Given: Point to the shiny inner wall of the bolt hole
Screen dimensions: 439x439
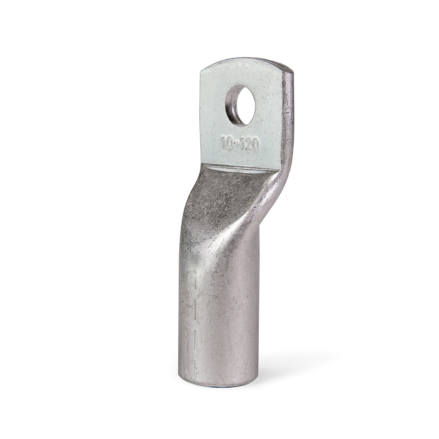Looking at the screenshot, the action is click(x=230, y=107).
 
